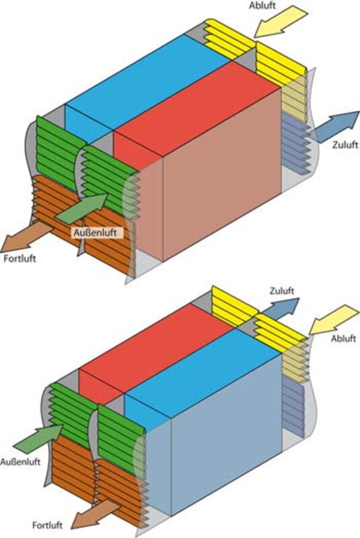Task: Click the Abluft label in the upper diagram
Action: coord(263,5)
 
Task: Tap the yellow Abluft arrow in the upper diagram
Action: coord(281,22)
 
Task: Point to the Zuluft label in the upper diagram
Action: coord(345,145)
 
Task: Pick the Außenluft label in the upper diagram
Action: coord(95,232)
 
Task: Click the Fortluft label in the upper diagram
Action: coord(20,258)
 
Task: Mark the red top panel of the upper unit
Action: coord(196,109)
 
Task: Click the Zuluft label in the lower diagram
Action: coord(282,291)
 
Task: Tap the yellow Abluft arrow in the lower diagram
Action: coord(333,319)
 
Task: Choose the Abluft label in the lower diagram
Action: coord(343,338)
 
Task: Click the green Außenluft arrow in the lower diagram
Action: coord(38,438)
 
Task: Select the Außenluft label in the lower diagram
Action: coord(20,461)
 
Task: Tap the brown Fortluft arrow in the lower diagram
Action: coord(96,514)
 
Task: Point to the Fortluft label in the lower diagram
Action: coord(47,525)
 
